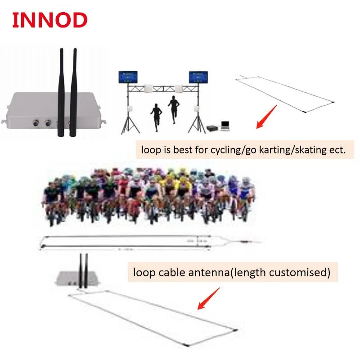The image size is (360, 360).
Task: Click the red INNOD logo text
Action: coord(49,20)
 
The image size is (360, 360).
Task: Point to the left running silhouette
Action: coord(156,116)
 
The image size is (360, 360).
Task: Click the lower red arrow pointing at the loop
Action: coord(209,299)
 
